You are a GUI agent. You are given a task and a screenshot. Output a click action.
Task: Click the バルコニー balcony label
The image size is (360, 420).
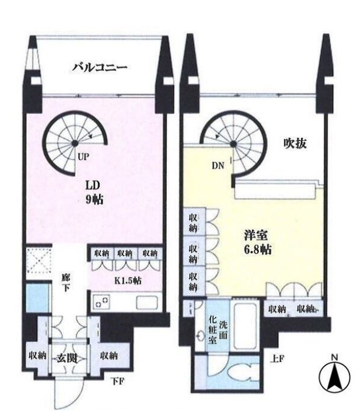[x=100, y=67]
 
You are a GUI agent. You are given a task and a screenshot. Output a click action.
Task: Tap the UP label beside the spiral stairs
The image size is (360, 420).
[x=83, y=157]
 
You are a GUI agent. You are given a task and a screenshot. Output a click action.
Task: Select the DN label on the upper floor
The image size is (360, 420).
[x=218, y=166]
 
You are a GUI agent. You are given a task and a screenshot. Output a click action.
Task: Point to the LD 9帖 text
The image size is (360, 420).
[x=94, y=192]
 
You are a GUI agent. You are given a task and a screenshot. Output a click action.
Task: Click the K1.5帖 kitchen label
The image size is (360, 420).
[x=128, y=281]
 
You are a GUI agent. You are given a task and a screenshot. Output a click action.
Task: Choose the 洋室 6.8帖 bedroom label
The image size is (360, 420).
[x=257, y=242]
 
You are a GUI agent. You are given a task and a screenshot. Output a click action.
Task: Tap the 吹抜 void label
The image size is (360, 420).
[x=295, y=144]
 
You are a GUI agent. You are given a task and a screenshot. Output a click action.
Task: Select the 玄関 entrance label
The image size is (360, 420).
[x=67, y=358]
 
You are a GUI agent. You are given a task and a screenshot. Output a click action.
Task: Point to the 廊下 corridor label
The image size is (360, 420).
[x=65, y=283]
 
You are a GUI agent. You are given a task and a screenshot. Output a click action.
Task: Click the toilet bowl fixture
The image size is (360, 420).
[x=244, y=371]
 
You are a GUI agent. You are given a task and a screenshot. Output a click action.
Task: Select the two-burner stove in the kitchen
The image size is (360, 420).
[x=102, y=302]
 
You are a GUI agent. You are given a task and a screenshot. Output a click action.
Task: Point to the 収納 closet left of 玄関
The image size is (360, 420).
[x=38, y=356]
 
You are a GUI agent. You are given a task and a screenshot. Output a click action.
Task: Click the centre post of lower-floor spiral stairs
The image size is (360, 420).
[x=75, y=143]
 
